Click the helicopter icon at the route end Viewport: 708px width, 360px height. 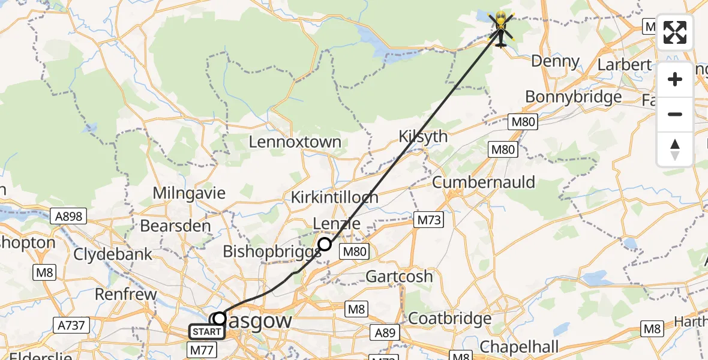pos(501,28)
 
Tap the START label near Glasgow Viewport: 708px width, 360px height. pos(206,331)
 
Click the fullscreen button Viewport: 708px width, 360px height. pos(675,32)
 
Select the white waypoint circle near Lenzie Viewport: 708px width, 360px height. pos(325,244)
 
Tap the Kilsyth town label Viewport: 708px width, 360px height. pos(423,137)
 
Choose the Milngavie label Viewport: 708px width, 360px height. pos(189,193)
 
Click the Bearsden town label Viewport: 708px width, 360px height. pos(175,226)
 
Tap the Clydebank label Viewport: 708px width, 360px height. pos(113,254)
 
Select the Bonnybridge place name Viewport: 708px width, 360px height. pos(573,97)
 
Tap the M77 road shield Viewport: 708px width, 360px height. pos(203,349)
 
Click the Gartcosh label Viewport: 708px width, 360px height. pos(399,277)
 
